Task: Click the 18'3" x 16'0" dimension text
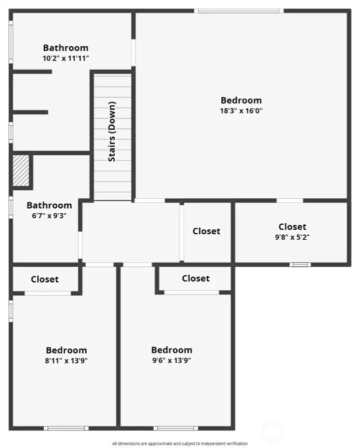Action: coord(241,111)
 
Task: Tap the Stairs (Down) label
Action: coord(112,132)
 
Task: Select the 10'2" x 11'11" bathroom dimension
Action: coord(66,58)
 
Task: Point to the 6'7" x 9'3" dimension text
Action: coord(46,215)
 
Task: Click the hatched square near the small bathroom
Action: coord(20,171)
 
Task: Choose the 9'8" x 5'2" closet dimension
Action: coord(292,237)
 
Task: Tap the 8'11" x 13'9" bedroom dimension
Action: coord(66,360)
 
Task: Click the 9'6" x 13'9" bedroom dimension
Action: coord(171,360)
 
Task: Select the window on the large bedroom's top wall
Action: coord(238,11)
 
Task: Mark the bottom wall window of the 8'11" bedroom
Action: coord(66,428)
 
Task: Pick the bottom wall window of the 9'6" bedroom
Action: coord(175,428)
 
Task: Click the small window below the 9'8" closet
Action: coord(300,264)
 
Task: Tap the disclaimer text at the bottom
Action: coord(179,443)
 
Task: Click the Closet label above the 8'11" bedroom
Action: coord(44,279)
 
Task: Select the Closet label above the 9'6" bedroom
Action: coord(195,278)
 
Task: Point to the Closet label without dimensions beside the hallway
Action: coord(206,231)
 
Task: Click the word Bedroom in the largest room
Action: coord(241,100)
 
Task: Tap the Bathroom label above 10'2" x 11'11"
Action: coord(65,48)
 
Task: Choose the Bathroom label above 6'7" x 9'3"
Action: coord(49,205)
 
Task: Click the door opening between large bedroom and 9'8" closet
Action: coord(289,201)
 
